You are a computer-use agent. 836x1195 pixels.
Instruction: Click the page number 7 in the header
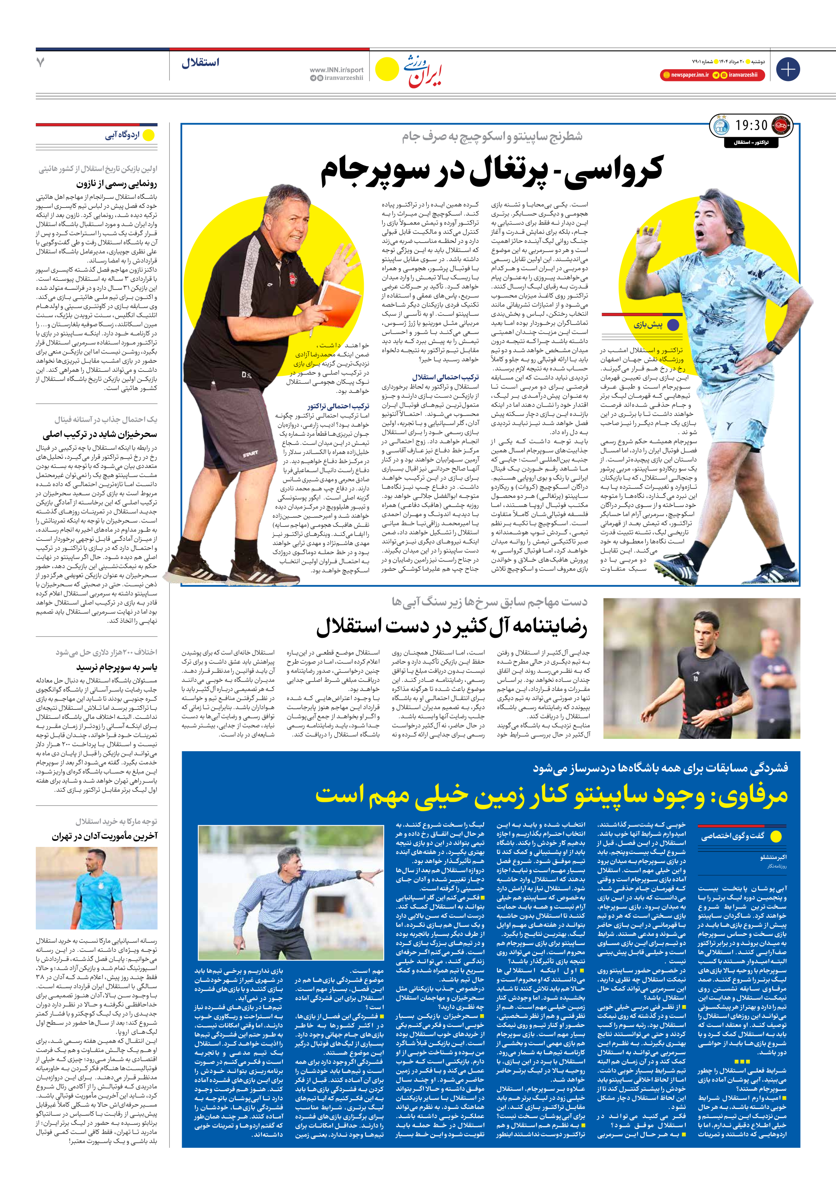point(40,63)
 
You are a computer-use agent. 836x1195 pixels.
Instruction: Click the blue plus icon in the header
point(788,69)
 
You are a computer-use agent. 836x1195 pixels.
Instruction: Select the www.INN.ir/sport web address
point(337,70)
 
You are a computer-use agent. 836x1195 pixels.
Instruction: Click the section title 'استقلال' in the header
point(200,63)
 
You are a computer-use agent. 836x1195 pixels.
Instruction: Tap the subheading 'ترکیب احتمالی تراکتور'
point(338,406)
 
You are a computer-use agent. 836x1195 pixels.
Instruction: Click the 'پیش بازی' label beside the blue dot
point(648,325)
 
